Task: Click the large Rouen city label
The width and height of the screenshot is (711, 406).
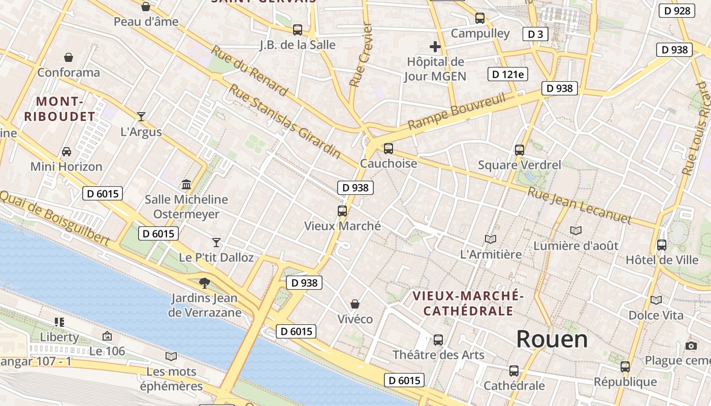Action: coord(552,339)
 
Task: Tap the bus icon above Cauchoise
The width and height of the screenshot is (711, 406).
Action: coord(389,149)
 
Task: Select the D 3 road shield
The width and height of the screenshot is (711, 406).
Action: coord(535,34)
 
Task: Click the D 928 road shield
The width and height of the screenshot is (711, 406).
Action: coord(676,11)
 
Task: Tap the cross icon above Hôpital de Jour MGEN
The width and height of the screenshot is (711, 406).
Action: coord(435,47)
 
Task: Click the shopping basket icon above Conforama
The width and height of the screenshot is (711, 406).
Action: coord(69,57)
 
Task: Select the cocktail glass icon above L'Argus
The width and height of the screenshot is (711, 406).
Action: coord(141,117)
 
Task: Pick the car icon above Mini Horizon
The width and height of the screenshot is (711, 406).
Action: coord(67,151)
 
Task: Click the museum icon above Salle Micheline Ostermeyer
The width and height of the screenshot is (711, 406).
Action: coord(186,184)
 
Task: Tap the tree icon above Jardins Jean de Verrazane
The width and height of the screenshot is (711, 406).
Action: coord(205,283)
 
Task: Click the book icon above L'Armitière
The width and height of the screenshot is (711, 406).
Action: coord(491,239)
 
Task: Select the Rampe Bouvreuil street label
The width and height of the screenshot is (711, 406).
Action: coord(457,111)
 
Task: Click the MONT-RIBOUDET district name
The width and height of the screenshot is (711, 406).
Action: coord(59,109)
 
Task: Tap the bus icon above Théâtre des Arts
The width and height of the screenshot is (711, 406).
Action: coord(438,340)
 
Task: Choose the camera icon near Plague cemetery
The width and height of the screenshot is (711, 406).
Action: coord(691,346)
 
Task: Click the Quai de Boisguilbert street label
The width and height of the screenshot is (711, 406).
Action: coord(54,218)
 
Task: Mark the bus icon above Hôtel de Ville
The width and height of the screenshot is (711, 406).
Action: coord(662,245)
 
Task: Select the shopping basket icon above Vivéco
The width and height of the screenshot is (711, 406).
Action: coord(355,304)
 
